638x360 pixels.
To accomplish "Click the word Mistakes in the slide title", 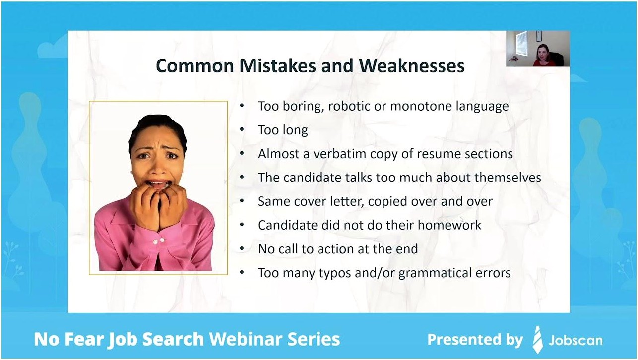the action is (x=277, y=66).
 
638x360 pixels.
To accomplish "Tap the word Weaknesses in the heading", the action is (x=412, y=66).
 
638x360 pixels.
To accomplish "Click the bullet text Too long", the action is (x=283, y=130).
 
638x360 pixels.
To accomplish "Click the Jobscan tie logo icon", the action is (x=537, y=340).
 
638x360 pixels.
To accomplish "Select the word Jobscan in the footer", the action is (x=575, y=340).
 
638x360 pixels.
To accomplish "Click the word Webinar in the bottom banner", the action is (x=245, y=339).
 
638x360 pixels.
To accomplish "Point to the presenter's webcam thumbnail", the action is (x=538, y=49).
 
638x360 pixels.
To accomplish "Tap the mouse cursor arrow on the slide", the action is (x=461, y=219).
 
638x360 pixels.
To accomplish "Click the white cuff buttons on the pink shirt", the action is (x=159, y=241).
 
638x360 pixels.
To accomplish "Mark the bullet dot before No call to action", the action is (x=242, y=249).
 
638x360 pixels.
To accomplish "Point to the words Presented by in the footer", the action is (x=475, y=340).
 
